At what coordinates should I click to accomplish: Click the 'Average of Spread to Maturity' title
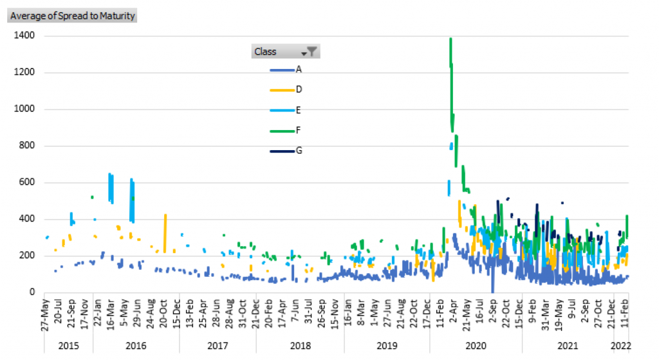pyautogui.click(x=73, y=16)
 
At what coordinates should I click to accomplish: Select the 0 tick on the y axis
pyautogui.click(x=32, y=292)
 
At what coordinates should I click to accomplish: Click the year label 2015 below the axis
pyautogui.click(x=68, y=346)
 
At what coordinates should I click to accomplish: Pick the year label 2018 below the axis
pyautogui.click(x=300, y=346)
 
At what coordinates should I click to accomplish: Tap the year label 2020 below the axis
pyautogui.click(x=476, y=346)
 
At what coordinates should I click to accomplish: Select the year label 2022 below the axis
pyautogui.click(x=620, y=346)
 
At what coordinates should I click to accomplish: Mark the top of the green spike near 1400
pyautogui.click(x=450, y=39)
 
